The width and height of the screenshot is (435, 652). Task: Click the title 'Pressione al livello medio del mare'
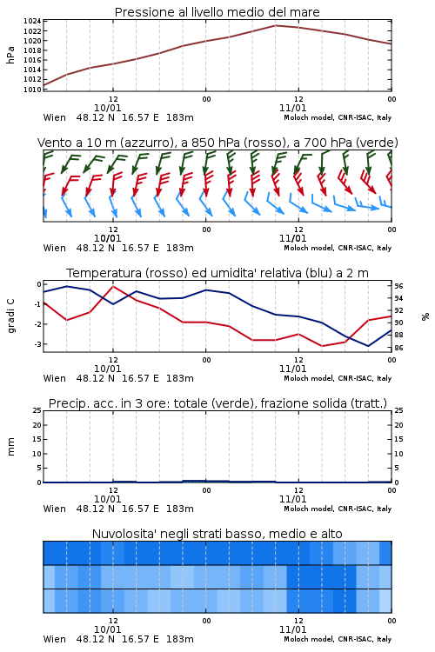click(217, 12)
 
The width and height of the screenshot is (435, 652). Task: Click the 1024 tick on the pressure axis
click(32, 21)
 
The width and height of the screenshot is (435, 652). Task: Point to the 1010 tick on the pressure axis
click(32, 90)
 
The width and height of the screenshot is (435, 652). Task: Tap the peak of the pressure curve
click(275, 25)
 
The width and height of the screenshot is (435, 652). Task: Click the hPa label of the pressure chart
click(10, 55)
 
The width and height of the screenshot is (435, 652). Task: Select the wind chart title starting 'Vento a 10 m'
click(217, 143)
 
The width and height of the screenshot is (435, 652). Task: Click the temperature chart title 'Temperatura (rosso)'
click(217, 273)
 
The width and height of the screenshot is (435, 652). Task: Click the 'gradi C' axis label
click(11, 316)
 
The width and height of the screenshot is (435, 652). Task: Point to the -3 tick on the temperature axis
click(38, 344)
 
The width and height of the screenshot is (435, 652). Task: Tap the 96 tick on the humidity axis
click(398, 286)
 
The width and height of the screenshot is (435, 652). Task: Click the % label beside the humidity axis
click(425, 316)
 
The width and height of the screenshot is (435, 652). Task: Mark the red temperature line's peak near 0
click(113, 286)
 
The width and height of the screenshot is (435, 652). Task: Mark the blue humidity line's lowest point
click(368, 346)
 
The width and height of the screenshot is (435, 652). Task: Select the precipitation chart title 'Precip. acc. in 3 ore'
click(217, 403)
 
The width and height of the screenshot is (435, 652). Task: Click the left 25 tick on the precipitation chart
click(37, 410)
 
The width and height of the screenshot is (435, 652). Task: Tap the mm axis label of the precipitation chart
click(10, 447)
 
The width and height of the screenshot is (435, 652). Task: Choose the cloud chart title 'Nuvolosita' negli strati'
click(217, 534)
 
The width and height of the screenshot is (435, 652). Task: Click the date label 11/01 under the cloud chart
click(292, 629)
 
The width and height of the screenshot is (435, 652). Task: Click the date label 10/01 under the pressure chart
click(107, 108)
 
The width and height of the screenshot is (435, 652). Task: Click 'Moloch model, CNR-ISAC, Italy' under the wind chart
click(338, 248)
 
